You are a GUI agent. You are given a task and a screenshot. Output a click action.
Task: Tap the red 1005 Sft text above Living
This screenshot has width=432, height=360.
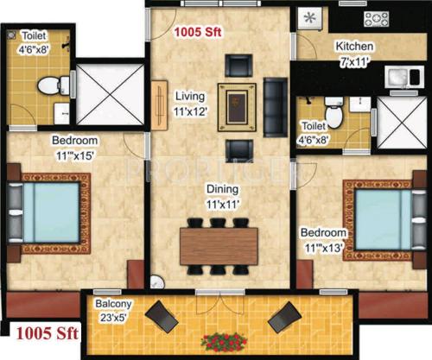point(197,32)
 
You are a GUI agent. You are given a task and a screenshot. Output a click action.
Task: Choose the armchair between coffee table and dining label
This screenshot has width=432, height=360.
point(237,149)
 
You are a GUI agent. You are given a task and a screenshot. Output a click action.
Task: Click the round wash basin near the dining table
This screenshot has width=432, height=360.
point(156,281)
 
